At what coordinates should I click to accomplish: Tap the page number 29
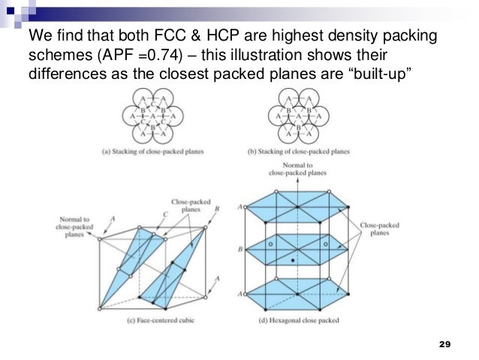443,344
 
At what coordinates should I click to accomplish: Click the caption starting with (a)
158,151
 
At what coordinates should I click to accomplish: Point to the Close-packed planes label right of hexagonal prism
378,228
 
